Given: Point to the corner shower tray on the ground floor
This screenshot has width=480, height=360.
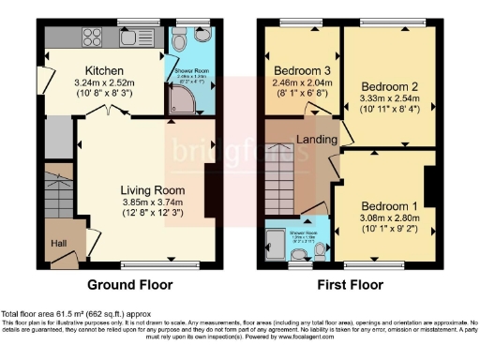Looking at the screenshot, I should tap(179, 105).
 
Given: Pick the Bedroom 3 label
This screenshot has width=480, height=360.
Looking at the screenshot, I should tap(297, 70).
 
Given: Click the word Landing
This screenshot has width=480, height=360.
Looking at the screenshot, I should tap(318, 140).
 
